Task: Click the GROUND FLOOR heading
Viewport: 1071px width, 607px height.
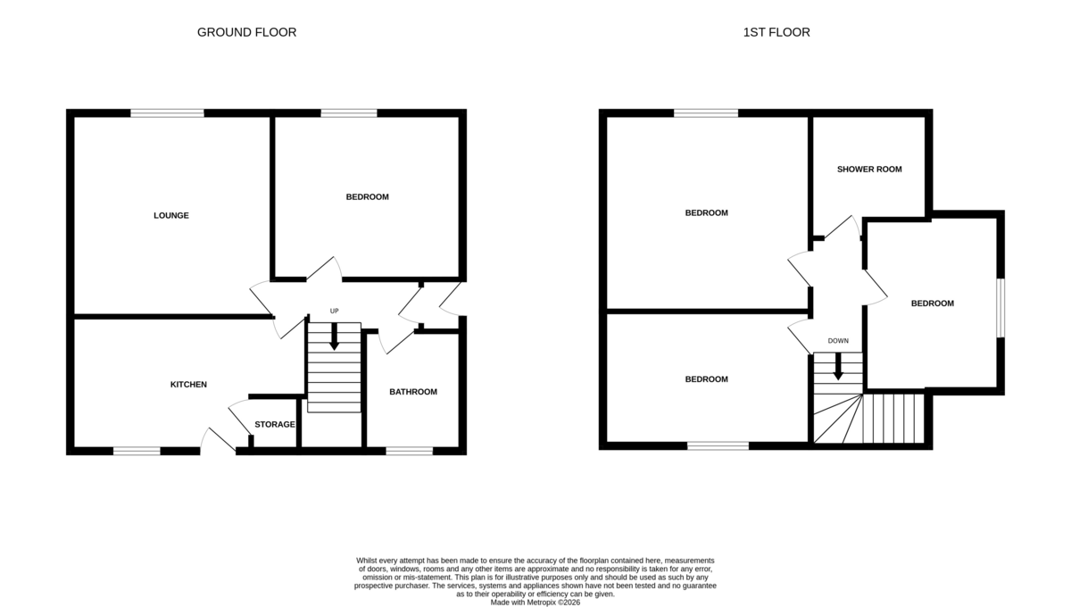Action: coord(246,32)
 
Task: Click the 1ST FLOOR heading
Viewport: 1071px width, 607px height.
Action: coord(776,32)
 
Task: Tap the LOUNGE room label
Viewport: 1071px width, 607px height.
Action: coord(171,215)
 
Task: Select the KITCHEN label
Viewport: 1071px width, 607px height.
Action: coord(188,385)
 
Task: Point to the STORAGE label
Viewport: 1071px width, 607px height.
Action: coord(275,424)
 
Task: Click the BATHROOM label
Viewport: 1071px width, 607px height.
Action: coord(415,392)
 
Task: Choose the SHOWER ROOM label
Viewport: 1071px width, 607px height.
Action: coord(869,170)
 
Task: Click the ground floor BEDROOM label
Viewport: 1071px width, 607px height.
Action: coord(368,196)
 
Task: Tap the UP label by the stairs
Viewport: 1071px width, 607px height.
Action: coord(335,311)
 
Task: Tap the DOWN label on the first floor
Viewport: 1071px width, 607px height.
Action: coord(838,341)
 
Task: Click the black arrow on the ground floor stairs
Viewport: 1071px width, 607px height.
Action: coord(335,337)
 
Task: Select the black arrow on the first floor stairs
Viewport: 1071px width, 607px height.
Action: coord(838,366)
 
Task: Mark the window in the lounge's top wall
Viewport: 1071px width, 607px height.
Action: coord(167,112)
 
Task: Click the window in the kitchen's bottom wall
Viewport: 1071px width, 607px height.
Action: coord(137,451)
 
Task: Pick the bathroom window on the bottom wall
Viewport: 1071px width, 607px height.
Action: coord(409,451)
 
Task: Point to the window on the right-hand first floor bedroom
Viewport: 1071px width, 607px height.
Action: coord(1000,308)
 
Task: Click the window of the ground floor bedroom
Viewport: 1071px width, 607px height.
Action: coord(349,112)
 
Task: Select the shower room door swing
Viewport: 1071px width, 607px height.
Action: coord(842,228)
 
